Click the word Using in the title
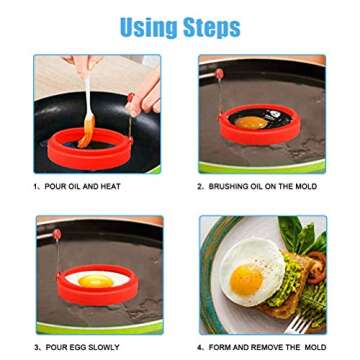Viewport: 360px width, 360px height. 149,26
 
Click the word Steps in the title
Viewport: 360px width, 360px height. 210,26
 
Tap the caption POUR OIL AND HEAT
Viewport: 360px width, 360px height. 82,185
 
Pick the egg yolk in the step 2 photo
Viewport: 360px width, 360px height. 252,123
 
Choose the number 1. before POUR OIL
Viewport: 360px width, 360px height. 37,185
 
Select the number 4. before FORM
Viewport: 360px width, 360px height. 201,347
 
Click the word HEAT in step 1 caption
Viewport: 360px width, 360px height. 111,185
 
